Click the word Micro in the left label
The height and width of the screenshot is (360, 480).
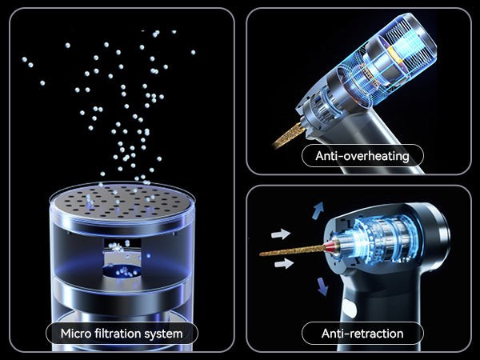tap(76, 334)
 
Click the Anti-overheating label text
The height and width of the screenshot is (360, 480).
tap(362, 156)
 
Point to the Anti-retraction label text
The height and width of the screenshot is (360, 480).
tap(362, 334)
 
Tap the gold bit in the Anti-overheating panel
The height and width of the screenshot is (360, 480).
tap(290, 134)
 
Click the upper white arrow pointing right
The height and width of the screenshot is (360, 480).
tap(281, 234)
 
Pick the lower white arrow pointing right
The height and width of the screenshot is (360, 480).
tap(284, 263)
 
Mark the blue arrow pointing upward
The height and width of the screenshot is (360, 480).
tap(318, 210)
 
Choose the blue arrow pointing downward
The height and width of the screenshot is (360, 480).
tap(322, 286)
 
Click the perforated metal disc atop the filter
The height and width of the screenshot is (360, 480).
tap(122, 201)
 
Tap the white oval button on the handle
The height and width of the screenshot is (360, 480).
tap(349, 308)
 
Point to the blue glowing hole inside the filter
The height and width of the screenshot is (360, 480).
tap(122, 271)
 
